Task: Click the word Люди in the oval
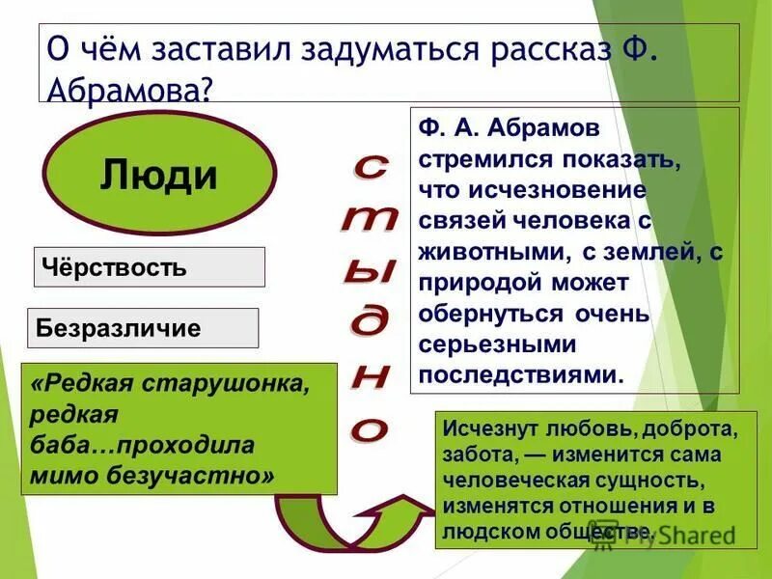click(159, 176)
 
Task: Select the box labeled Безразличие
click(142, 328)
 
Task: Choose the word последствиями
click(522, 374)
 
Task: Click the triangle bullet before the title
click(22, 46)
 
